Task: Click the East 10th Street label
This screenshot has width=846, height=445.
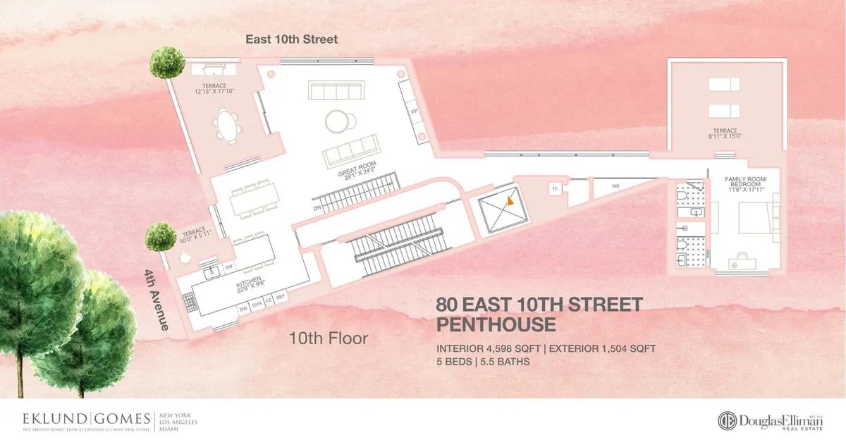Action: (x=291, y=39)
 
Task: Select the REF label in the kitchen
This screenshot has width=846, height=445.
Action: (x=281, y=298)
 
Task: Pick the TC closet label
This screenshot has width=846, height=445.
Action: (x=555, y=189)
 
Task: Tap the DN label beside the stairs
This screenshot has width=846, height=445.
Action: (x=317, y=208)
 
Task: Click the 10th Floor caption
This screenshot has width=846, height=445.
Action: (x=329, y=339)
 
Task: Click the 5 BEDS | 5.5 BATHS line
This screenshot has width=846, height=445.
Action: (x=483, y=362)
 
